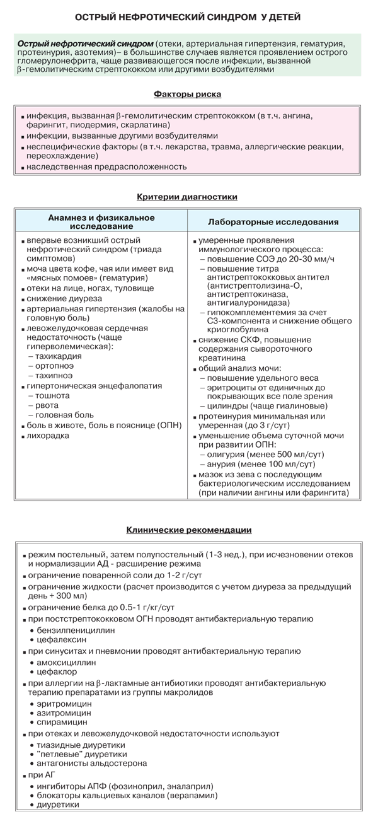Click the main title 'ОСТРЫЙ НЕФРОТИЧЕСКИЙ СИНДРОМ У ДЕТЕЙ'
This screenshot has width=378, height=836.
pos(188,17)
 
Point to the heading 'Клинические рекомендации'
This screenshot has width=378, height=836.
pos(189,530)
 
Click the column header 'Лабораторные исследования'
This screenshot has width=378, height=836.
pos(273,222)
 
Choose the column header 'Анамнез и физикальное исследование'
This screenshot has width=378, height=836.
pos(101,221)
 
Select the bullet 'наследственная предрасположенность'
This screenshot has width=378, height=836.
pos(106,167)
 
